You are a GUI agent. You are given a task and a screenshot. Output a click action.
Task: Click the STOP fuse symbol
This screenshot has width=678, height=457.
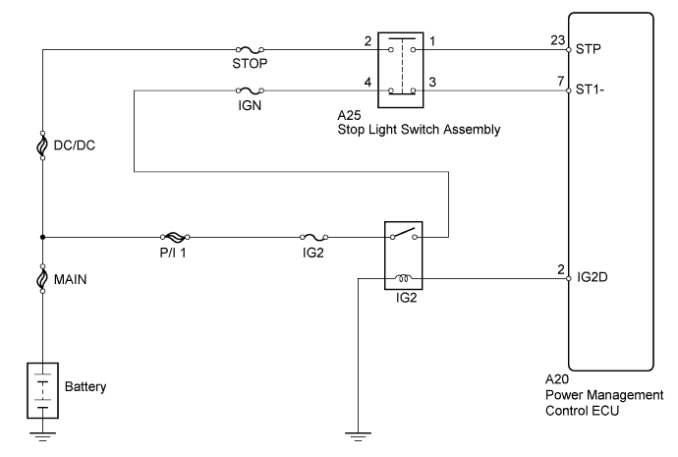(x=250, y=50)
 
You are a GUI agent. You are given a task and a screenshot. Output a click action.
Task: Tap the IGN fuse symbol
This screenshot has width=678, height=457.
(x=250, y=90)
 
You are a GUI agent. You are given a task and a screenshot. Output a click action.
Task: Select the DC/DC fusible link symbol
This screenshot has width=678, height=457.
(x=42, y=145)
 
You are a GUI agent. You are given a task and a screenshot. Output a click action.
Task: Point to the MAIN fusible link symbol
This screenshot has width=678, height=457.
(x=42, y=279)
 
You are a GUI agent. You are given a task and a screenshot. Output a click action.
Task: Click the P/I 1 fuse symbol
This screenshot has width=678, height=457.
(x=175, y=237)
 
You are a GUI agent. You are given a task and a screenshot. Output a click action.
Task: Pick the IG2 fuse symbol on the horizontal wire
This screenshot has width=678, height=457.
(x=313, y=237)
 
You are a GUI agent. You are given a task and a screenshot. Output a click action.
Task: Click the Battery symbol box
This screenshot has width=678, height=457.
(x=43, y=390)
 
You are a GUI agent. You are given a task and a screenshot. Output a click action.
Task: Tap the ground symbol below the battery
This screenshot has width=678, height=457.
(x=42, y=435)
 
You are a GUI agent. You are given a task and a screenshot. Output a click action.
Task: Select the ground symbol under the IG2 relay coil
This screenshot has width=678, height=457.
(x=358, y=435)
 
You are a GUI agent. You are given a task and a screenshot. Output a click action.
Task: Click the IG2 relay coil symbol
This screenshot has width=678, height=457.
(x=404, y=278)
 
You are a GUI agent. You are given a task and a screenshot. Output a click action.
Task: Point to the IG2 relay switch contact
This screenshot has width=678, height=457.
(x=404, y=234)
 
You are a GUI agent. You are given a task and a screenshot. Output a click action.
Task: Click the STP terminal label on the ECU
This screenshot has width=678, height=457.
(x=588, y=49)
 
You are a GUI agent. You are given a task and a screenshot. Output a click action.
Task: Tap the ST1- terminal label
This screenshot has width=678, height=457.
(x=590, y=90)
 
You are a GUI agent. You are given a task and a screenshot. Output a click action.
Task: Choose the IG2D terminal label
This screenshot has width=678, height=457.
(x=593, y=277)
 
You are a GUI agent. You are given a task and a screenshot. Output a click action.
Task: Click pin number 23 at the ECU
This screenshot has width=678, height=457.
(x=558, y=40)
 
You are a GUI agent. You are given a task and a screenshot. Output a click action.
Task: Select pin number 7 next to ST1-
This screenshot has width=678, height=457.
(x=560, y=81)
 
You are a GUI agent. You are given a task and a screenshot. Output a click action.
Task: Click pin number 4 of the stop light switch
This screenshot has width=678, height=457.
(x=367, y=82)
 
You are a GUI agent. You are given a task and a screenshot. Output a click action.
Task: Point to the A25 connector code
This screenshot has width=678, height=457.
(x=349, y=115)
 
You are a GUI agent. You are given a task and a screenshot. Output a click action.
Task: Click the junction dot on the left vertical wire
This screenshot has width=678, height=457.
(x=42, y=237)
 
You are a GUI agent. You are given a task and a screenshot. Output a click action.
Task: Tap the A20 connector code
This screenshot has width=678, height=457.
(x=557, y=379)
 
